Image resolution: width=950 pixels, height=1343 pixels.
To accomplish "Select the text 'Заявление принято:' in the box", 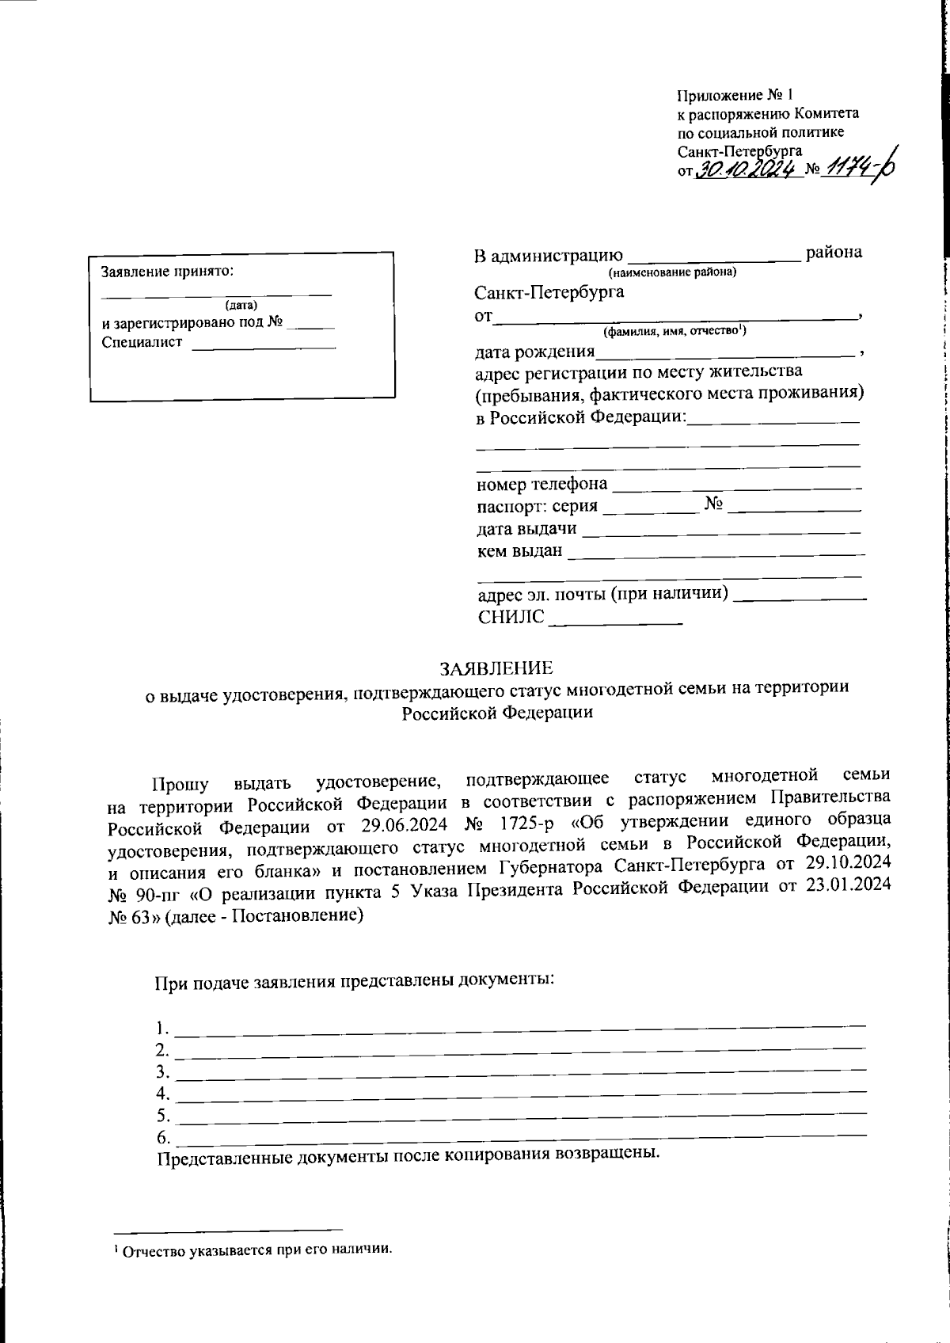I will tap(167, 272).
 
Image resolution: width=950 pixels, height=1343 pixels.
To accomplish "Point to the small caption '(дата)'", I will tap(241, 305).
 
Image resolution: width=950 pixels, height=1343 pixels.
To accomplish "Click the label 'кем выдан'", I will tap(519, 551).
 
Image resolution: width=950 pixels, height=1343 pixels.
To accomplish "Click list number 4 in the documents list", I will tap(163, 1094).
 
